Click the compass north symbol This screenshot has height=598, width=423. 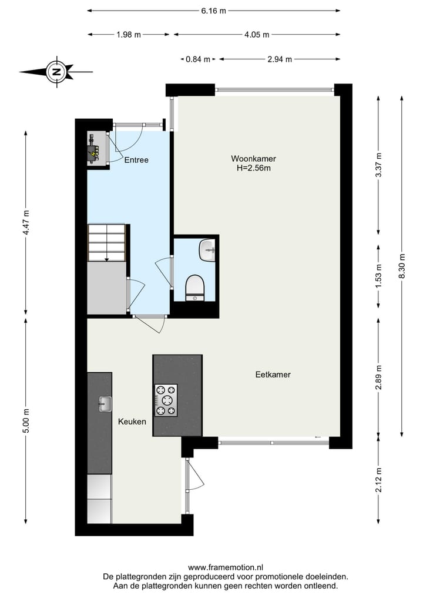pyautogui.click(x=56, y=72)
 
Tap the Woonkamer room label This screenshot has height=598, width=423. pyautogui.click(x=253, y=159)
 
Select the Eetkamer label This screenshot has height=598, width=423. pyautogui.click(x=273, y=375)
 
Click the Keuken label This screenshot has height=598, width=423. pyautogui.click(x=132, y=422)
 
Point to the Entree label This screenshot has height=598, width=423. pyautogui.click(x=136, y=160)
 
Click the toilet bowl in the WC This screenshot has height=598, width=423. pyautogui.click(x=194, y=288)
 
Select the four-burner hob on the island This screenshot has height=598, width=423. pyautogui.click(x=166, y=400)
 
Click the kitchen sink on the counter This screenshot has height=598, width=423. pyautogui.click(x=105, y=403)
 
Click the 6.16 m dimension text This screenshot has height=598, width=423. pyautogui.click(x=214, y=11)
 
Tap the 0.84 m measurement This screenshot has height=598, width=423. pyautogui.click(x=197, y=59)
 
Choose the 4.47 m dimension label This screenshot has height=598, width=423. pyautogui.click(x=26, y=222)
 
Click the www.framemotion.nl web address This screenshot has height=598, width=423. pyautogui.click(x=226, y=567)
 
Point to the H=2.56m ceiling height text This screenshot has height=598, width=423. pyautogui.click(x=253, y=168)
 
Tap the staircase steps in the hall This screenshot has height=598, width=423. pyautogui.click(x=106, y=242)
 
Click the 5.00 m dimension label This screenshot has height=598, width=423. pyautogui.click(x=26, y=421)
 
